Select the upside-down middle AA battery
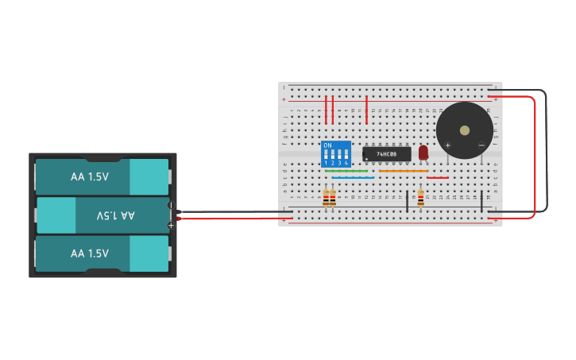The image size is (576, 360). pos(102,215)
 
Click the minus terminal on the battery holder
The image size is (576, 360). pos(170,205)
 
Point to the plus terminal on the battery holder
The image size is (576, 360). pos(170,226)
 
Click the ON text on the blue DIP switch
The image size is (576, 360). pos(328,145)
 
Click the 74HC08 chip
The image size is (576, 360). pos(387,153)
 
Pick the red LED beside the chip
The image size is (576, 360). pos(423,151)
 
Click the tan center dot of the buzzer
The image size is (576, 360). pos(465,130)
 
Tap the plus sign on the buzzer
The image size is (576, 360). pos(448,145)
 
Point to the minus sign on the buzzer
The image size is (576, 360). pos(481,145)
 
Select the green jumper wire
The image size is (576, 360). pos(346,171)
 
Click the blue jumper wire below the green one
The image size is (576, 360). pos(353,178)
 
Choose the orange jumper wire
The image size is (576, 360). pos(404,171)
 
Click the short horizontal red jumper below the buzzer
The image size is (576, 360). pos(438,178)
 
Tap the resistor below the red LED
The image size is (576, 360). pos(420,199)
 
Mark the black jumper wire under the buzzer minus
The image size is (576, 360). pos(481,200)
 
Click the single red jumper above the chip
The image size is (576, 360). pos(366,110)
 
